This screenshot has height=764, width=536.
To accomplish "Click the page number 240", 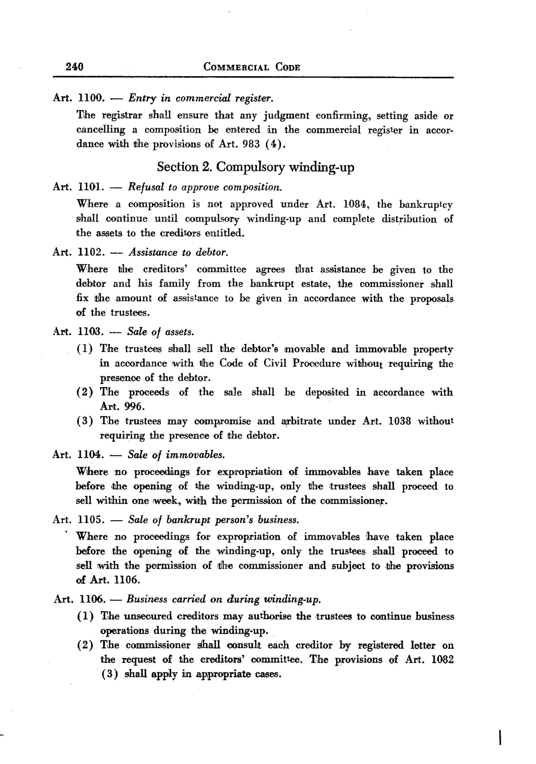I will coord(74,67).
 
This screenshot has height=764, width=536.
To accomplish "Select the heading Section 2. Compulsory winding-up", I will coord(255,167).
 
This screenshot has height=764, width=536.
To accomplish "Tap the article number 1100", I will coord(91,98).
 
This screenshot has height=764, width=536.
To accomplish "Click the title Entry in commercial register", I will coord(201,99).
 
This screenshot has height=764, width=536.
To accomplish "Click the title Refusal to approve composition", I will coord(205,187).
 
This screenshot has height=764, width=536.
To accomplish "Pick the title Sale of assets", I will coord(161,332).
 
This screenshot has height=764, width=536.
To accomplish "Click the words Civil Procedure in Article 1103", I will coord(302,363).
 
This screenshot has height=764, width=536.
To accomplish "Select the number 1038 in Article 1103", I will coord(399,421).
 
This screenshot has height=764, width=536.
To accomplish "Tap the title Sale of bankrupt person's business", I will coord(213,520).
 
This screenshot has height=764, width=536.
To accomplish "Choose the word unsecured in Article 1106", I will coord(148,616).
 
